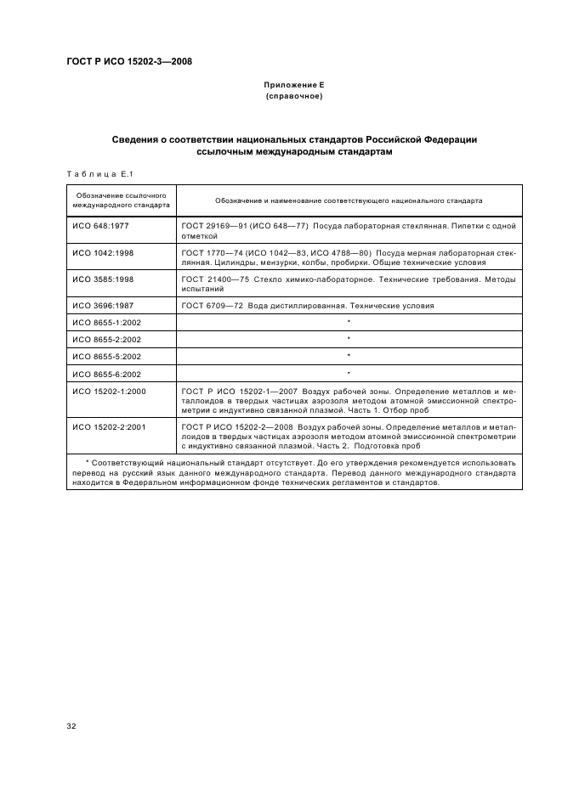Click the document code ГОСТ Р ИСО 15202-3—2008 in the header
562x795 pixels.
pyautogui.click(x=128, y=61)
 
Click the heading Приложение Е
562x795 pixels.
pyautogui.click(x=294, y=87)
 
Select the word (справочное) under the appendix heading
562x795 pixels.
pyautogui.click(x=294, y=97)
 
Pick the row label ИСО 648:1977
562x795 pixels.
pyautogui.click(x=100, y=228)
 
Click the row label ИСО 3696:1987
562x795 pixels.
pyautogui.click(x=103, y=306)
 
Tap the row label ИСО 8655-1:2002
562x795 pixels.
pyautogui.click(x=106, y=323)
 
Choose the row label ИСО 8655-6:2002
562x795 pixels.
pyautogui.click(x=106, y=374)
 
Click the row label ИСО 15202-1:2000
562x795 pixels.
pyautogui.click(x=109, y=391)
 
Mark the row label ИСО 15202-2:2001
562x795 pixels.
pyautogui.click(x=109, y=426)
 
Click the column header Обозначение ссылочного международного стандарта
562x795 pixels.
pyautogui.click(x=121, y=201)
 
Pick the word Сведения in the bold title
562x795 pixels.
pyautogui.click(x=137, y=138)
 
